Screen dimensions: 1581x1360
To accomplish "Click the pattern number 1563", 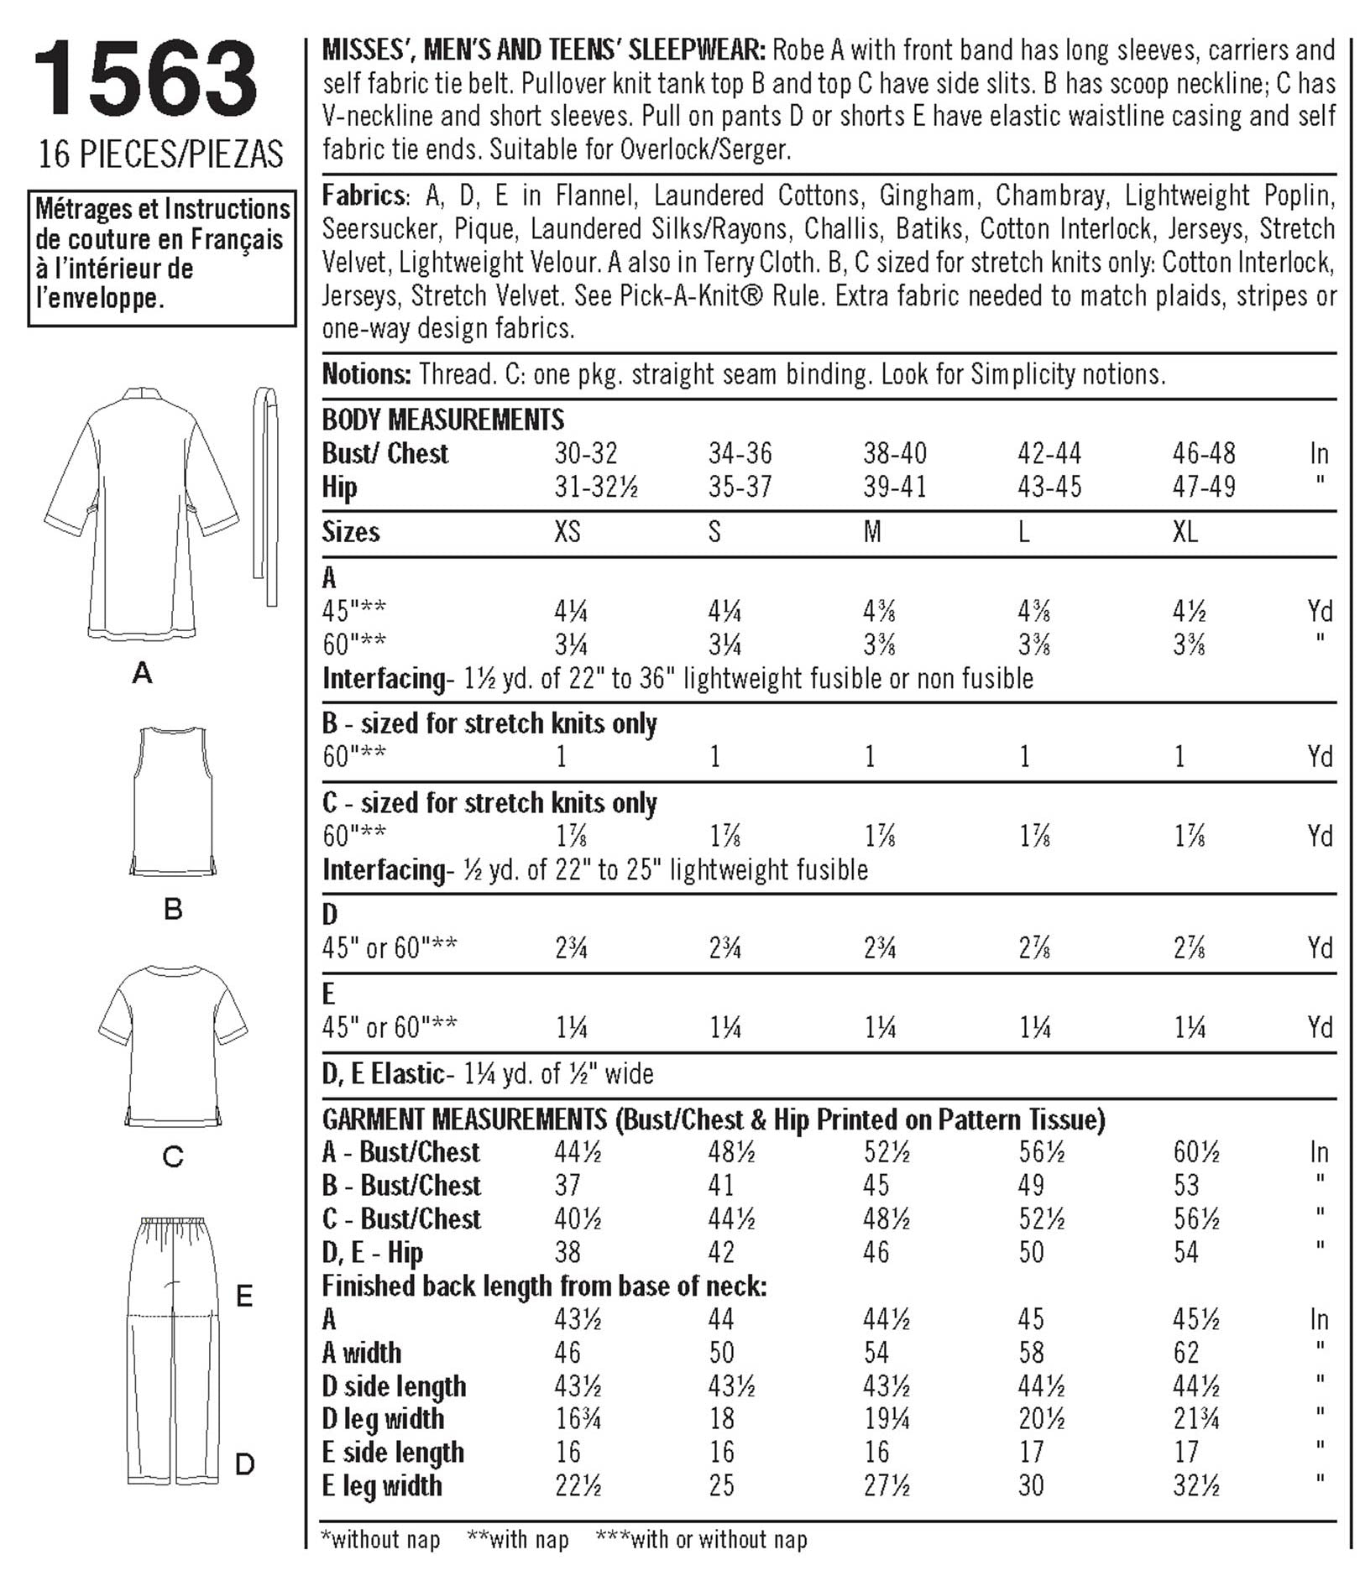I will click(x=144, y=80).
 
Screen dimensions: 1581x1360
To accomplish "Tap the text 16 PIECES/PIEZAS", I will click(x=160, y=155).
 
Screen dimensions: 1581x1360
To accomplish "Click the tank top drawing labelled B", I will click(x=173, y=801).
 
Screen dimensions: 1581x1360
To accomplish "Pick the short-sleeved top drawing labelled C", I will click(x=173, y=1045).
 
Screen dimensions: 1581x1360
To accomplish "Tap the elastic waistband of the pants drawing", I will click(x=173, y=1226).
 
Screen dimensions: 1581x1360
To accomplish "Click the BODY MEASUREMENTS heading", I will click(x=443, y=419).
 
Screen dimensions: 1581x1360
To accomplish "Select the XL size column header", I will click(x=1185, y=532).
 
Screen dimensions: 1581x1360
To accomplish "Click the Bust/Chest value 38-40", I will click(x=895, y=454).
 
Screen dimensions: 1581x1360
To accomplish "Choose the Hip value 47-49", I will click(x=1204, y=488).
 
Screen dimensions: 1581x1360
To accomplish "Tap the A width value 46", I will click(x=568, y=1353).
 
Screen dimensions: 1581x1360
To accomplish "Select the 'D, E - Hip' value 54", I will click(x=1185, y=1253).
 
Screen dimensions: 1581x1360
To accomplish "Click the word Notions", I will click(x=366, y=374).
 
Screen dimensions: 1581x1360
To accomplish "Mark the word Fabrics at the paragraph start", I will click(x=364, y=196).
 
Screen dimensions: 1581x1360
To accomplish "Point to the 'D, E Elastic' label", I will click(x=383, y=1073).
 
